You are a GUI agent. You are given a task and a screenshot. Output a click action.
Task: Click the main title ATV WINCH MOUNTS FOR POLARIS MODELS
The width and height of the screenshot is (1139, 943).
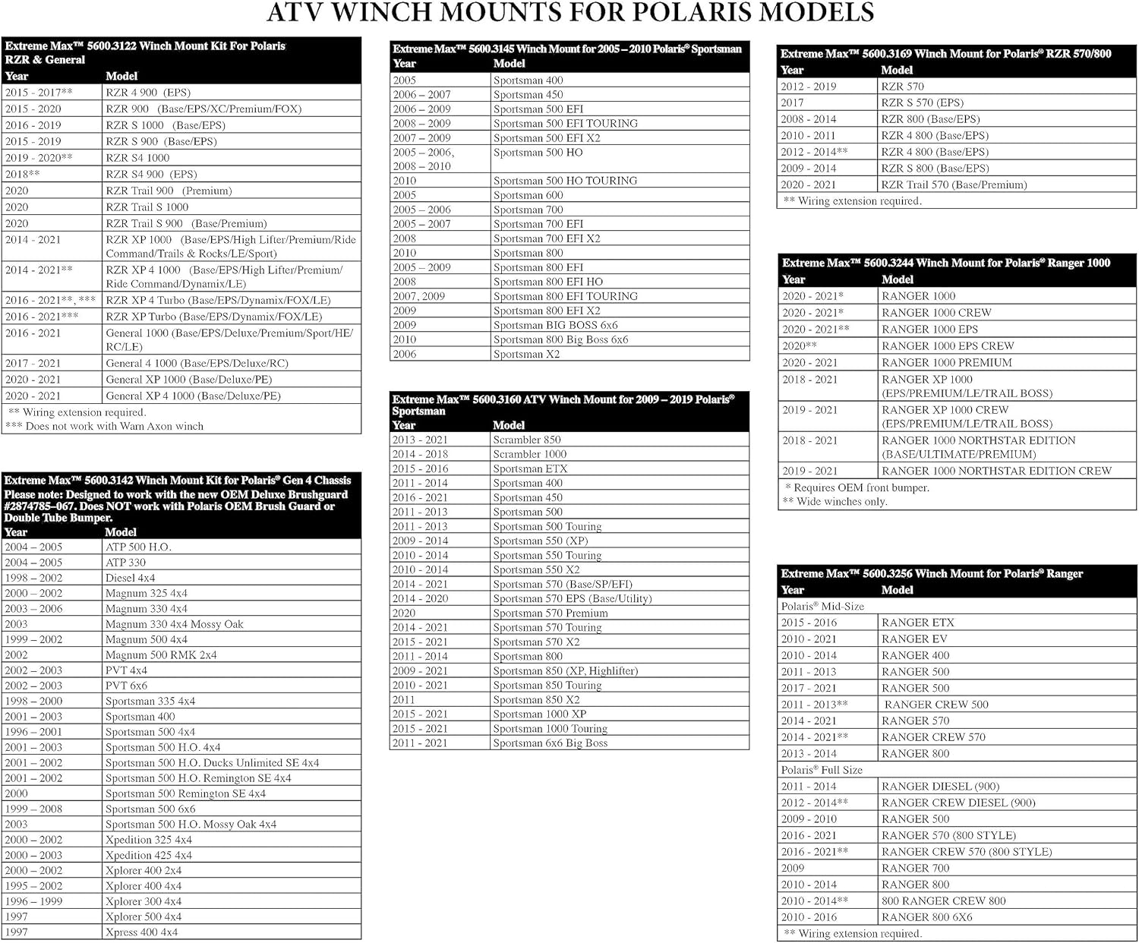tap(569, 13)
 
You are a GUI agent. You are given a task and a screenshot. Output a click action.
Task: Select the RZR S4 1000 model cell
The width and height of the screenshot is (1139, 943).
tap(137, 158)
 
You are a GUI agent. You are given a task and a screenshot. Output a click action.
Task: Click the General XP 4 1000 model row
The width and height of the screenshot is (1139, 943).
tap(193, 396)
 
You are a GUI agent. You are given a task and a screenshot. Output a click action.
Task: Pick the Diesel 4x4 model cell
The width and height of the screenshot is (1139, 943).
tap(130, 578)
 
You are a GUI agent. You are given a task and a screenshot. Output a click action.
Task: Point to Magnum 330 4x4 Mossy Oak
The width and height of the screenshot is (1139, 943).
tap(174, 624)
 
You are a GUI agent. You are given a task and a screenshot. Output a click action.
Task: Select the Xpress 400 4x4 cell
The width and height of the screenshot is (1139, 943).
tap(141, 932)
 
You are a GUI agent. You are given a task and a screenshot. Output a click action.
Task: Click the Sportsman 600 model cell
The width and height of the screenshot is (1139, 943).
tap(528, 195)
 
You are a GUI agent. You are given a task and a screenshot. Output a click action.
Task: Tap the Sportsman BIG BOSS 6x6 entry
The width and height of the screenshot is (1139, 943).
tap(555, 325)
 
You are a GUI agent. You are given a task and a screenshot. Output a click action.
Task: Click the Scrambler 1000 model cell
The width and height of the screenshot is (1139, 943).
tap(529, 454)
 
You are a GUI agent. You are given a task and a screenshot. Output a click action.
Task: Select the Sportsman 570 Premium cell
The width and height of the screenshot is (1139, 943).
tap(550, 613)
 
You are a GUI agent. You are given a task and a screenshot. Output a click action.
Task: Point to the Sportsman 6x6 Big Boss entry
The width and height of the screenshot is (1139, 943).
tap(550, 743)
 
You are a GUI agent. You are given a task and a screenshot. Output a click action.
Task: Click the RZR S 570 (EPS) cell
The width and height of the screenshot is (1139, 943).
tap(922, 102)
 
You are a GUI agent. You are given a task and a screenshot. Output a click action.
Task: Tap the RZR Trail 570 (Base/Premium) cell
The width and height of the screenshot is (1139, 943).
tap(954, 184)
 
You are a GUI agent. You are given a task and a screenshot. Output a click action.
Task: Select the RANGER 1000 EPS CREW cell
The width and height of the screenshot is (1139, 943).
tap(948, 345)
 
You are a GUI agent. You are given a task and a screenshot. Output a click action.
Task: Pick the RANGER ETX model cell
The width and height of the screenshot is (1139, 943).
tap(917, 623)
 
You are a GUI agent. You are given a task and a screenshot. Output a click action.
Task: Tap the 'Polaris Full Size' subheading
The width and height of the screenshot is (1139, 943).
tap(822, 770)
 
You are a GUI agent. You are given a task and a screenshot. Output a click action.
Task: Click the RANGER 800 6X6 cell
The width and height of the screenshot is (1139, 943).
tap(926, 917)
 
